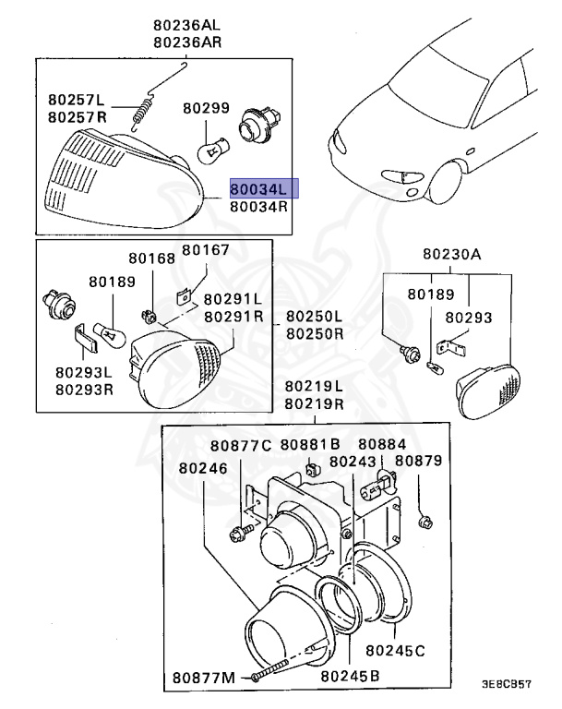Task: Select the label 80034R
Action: pos(259,208)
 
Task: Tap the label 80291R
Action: pos(233,316)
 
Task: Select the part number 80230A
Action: pos(452,254)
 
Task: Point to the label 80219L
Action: pos(314,387)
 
